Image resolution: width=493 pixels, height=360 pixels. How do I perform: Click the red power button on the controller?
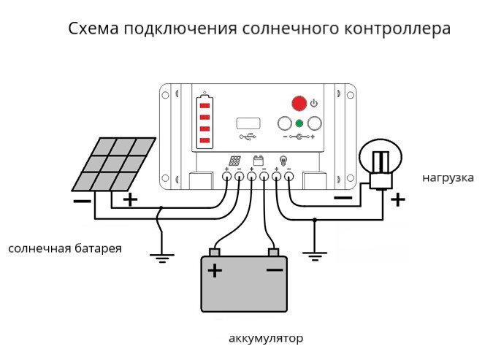coord(299,104)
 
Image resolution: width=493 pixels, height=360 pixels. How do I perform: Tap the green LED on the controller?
coord(299,123)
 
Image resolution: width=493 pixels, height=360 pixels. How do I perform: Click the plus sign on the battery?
coord(215,272)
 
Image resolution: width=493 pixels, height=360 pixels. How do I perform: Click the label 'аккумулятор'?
coord(265,339)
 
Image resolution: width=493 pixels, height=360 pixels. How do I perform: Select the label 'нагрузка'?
coord(448,177)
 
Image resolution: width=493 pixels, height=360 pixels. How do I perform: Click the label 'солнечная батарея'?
coord(65,249)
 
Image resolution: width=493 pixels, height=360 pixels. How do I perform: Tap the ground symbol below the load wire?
coord(315,256)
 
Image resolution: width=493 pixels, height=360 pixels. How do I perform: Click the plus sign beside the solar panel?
coord(129,199)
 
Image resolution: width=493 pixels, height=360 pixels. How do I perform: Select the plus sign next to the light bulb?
coord(397,199)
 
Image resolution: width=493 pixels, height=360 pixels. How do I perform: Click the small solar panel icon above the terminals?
coord(234,161)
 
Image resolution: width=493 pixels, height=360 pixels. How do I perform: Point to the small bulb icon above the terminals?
coord(283,161)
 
